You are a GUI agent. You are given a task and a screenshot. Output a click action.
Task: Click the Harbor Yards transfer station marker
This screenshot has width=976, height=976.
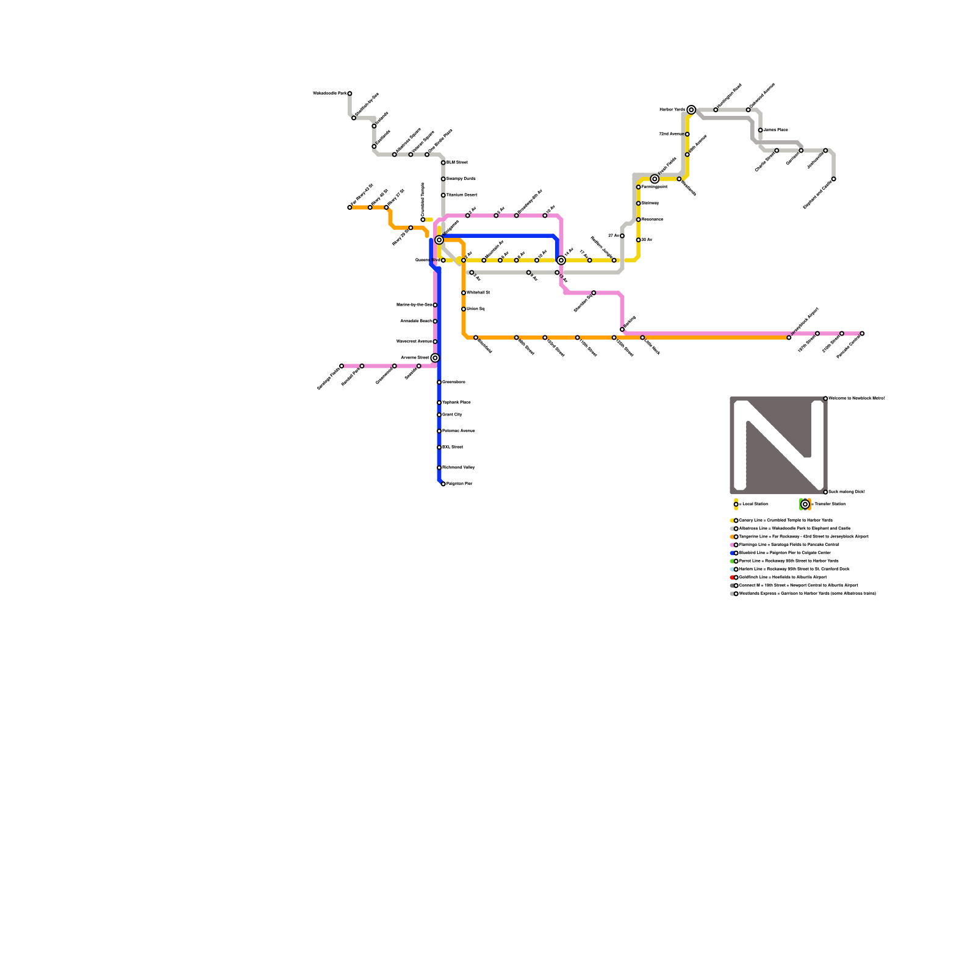[691, 110]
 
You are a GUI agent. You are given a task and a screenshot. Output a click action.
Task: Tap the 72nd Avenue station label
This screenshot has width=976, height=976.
[670, 134]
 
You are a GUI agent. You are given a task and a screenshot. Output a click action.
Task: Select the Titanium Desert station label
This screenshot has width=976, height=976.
[462, 195]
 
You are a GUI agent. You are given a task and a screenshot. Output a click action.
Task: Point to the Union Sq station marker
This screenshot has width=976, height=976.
[464, 309]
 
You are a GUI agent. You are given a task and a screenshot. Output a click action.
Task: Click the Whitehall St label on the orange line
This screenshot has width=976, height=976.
[478, 293]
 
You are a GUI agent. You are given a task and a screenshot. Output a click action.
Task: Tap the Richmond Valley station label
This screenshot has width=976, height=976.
[458, 467]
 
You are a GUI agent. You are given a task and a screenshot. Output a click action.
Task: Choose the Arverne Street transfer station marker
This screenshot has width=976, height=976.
[435, 358]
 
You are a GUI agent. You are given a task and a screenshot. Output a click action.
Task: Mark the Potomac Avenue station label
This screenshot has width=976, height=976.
[458, 431]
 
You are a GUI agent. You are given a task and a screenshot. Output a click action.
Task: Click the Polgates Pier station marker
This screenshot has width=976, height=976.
[443, 484]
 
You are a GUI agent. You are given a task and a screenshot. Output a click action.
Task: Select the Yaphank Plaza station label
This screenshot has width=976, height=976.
[456, 403]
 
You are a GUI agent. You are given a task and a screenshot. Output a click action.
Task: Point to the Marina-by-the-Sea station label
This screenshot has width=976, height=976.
[414, 304]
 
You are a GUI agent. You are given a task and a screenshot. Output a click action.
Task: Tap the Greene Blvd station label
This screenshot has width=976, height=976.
[426, 260]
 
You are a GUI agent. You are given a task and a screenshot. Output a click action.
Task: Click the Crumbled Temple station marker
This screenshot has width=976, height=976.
[423, 220]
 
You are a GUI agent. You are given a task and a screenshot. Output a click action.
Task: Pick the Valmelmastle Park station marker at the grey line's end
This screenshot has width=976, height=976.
[350, 93]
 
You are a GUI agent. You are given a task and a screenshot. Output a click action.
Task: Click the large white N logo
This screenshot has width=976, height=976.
[778, 445]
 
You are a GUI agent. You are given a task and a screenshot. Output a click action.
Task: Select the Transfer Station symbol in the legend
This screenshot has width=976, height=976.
[805, 504]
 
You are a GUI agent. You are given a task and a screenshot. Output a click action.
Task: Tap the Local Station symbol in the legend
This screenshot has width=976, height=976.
[736, 504]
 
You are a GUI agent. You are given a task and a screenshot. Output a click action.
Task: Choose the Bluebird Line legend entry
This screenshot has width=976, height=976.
[784, 553]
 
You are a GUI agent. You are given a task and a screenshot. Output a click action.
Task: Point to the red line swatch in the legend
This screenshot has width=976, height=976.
[732, 577]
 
